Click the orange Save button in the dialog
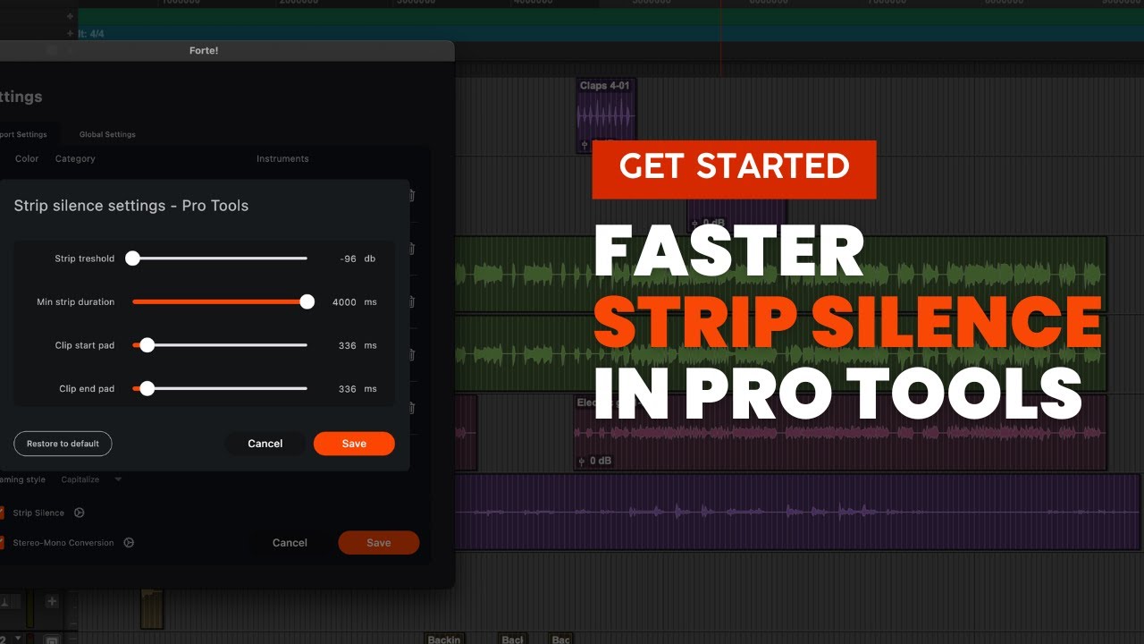[x=353, y=444]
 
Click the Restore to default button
[x=63, y=444]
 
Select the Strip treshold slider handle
[x=132, y=258]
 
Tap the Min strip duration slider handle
[x=307, y=302]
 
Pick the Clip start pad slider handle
[x=147, y=345]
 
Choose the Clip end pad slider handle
[x=147, y=389]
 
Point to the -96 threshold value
[x=348, y=258]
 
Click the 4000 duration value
[x=344, y=302]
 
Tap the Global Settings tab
[x=107, y=135]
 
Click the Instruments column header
[x=282, y=159]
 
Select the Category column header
[x=75, y=159]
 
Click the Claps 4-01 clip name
[x=605, y=86]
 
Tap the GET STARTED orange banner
[x=734, y=167]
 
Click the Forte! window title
[x=203, y=51]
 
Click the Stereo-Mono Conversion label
[x=63, y=543]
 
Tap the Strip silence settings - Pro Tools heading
[x=131, y=206]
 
